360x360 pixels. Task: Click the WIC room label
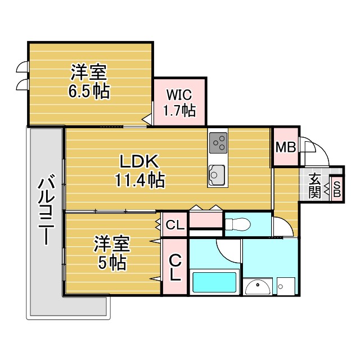[x=179, y=94]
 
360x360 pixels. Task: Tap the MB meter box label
[x=286, y=147]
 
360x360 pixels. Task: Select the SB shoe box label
[x=336, y=189]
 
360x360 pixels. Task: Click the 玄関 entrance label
[x=314, y=186]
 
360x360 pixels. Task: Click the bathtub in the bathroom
[x=214, y=282]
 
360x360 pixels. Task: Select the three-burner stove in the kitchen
[x=218, y=143]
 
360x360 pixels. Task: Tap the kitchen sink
[x=216, y=175]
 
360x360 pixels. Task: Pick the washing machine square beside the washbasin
[x=286, y=286]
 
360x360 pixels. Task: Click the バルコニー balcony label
[x=46, y=209]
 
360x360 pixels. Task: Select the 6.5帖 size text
[x=89, y=91]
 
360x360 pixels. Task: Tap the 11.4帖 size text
[x=139, y=180]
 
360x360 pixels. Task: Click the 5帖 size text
[x=112, y=262]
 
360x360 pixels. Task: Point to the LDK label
[x=139, y=161]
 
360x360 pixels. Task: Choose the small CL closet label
[x=175, y=225]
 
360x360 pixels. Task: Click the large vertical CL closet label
[x=175, y=268]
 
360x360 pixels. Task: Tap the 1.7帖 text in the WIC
[x=179, y=111]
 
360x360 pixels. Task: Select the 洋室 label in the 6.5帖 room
[x=89, y=72]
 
